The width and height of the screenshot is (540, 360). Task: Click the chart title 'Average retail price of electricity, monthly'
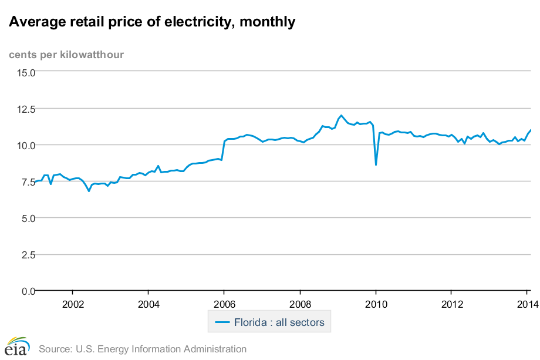point(151,22)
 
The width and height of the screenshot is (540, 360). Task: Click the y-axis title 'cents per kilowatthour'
point(66,55)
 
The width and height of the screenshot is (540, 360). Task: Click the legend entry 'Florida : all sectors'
point(270,322)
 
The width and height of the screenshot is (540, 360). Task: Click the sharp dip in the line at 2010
point(376,164)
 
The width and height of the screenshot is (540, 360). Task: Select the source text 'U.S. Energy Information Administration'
point(161,349)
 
